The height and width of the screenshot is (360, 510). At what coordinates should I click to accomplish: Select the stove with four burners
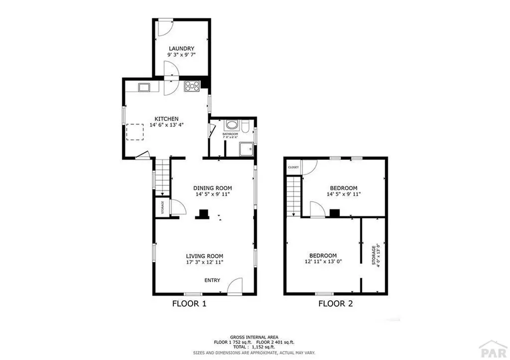point(192,86)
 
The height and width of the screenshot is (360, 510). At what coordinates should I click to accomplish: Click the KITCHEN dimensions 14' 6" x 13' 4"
point(166,125)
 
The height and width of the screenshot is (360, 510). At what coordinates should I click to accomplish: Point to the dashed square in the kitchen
point(134,132)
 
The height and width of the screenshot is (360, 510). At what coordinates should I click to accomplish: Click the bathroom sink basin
point(232,125)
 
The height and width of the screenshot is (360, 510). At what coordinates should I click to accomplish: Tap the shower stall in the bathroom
point(246,149)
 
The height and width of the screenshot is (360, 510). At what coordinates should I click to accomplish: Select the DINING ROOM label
point(213,188)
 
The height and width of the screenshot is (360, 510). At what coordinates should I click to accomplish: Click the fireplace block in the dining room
point(202,214)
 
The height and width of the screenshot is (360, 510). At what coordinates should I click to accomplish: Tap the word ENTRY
point(212,280)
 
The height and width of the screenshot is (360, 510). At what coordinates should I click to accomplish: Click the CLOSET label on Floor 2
point(293,167)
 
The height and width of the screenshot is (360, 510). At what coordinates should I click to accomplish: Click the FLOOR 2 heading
point(335,303)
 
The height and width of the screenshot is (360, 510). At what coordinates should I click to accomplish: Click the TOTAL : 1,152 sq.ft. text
point(254,347)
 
